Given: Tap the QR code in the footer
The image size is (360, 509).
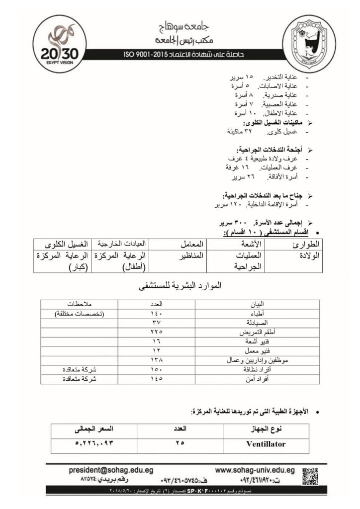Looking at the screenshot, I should pyautogui.click(x=309, y=474).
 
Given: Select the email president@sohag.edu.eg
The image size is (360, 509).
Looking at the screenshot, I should pyautogui.click(x=111, y=470).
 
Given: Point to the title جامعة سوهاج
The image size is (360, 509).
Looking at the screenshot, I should pyautogui.click(x=180, y=27).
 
